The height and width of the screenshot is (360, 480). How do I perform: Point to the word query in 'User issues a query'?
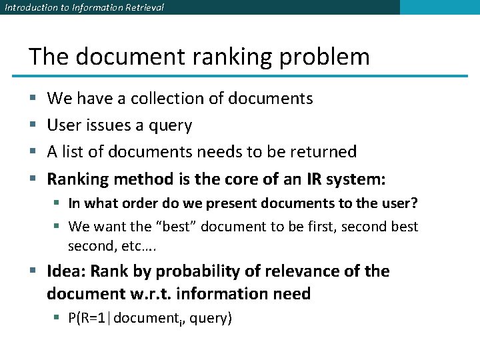(172, 126)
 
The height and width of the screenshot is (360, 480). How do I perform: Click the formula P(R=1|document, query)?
(150, 319)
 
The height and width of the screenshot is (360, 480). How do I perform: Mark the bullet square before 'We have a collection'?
(33, 99)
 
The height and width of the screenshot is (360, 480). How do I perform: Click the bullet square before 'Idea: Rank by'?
(33, 272)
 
